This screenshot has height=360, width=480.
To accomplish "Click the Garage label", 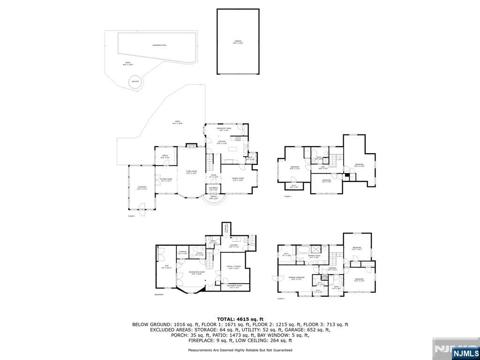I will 238,42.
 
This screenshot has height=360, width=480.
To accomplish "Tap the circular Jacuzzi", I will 135,82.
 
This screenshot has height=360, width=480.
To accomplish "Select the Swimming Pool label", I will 159,45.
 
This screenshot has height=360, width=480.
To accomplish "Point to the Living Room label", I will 191,172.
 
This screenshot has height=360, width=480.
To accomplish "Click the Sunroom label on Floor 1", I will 142,188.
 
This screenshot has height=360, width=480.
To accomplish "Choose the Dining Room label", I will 238,179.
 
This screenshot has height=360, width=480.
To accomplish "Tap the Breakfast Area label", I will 223,129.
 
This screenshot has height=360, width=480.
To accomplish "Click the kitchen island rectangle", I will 233,150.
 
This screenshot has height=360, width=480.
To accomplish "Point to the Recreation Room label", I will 195,273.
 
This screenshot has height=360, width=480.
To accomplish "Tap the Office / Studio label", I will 233,268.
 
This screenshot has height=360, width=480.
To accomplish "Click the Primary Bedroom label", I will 296,278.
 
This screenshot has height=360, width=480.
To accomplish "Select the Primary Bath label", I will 314,256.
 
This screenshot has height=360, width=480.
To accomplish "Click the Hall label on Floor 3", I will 323,167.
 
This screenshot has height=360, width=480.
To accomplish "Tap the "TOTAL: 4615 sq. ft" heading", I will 240,319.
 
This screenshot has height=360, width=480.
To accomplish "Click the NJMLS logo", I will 465,352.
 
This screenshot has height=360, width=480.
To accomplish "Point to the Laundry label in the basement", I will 234,246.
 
